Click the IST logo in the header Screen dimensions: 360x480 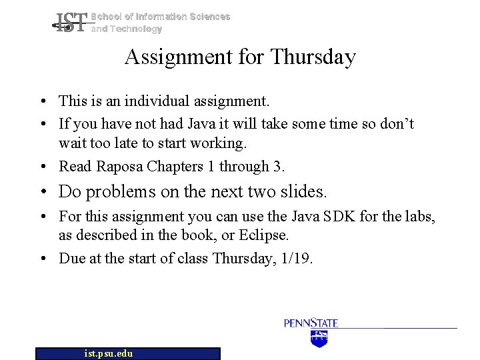pos(69,23)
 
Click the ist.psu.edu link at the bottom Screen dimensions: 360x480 pos(109,353)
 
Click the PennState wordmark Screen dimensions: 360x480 pos(311,323)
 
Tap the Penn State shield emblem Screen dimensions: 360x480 pos(320,338)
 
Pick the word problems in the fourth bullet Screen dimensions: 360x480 pos(120,192)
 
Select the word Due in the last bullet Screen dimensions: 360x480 pos(71,258)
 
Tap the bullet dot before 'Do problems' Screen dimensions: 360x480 pos(42,193)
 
